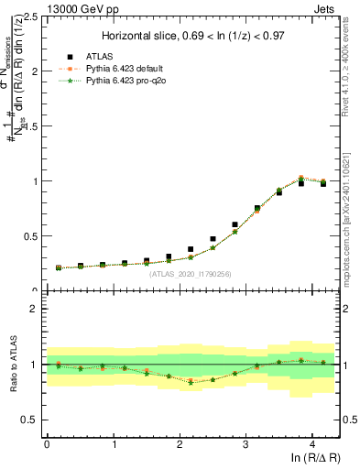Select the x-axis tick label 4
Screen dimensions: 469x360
click(312, 443)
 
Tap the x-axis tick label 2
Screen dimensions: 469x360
click(180, 443)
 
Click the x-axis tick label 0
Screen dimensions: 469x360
click(47, 443)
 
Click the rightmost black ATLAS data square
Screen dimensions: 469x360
click(322, 183)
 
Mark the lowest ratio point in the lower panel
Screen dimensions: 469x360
click(191, 382)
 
